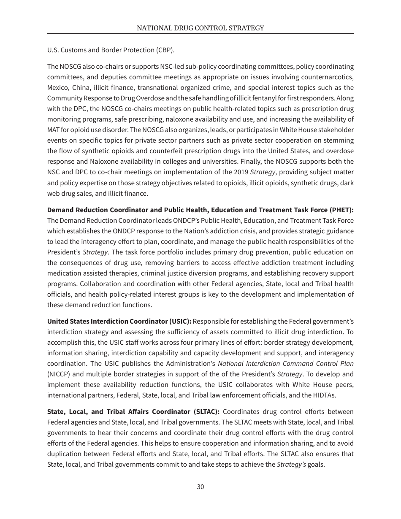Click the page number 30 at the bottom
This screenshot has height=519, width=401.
point(200,487)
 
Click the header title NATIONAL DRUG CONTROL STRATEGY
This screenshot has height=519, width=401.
point(200,28)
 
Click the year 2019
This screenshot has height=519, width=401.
point(241,172)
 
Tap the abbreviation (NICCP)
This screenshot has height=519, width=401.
point(60,374)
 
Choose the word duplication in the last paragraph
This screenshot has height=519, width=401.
point(65,454)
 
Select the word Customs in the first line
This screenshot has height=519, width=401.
point(72,50)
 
